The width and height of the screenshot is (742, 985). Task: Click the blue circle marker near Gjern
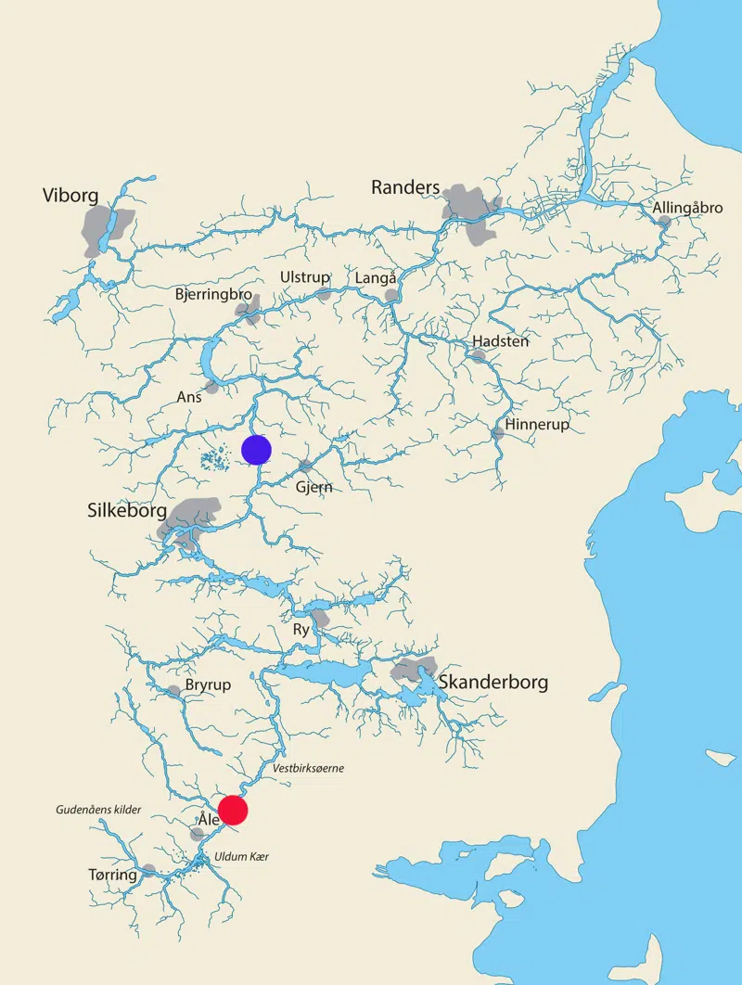click(x=256, y=450)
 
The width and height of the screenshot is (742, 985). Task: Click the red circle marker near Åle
click(x=233, y=810)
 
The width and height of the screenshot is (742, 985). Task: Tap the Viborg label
click(x=70, y=195)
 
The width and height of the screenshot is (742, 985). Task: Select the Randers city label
click(x=405, y=187)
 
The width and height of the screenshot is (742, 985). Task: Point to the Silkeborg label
click(x=127, y=511)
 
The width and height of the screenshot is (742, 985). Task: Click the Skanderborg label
click(x=493, y=683)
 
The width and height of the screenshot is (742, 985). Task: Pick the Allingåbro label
click(x=687, y=208)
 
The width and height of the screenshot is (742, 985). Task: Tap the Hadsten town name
click(x=501, y=341)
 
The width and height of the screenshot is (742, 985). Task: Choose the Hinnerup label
click(x=537, y=425)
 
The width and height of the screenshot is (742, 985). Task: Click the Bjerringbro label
click(x=213, y=294)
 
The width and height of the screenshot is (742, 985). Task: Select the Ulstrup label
click(x=305, y=277)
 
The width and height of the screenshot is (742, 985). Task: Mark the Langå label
click(x=377, y=278)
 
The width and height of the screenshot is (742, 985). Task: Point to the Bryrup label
click(x=208, y=684)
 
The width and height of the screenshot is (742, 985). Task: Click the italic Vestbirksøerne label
click(x=309, y=768)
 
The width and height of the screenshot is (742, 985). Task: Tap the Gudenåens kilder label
click(x=97, y=810)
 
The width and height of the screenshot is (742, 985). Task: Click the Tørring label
click(x=112, y=875)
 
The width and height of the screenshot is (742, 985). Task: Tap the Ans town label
click(x=189, y=397)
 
